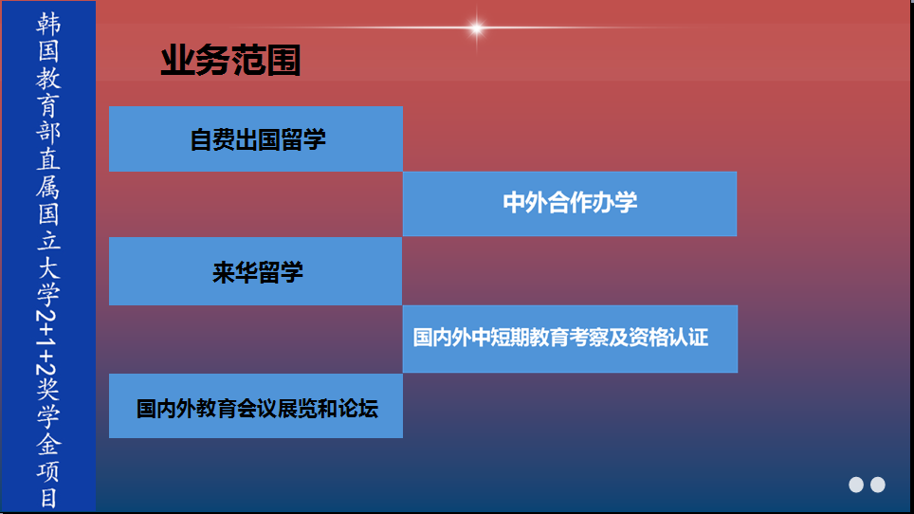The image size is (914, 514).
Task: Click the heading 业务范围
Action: pyautogui.click(x=230, y=62)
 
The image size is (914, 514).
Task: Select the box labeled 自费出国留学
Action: pyautogui.click(x=256, y=139)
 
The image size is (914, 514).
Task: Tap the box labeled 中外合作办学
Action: pyautogui.click(x=570, y=203)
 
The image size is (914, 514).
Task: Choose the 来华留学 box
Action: pyautogui.click(x=256, y=272)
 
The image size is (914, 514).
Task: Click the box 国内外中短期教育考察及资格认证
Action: pyautogui.click(x=570, y=338)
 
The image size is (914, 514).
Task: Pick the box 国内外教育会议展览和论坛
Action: pyautogui.click(x=256, y=408)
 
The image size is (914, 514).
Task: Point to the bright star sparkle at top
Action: pyautogui.click(x=476, y=28)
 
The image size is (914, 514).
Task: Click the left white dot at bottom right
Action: pyautogui.click(x=856, y=485)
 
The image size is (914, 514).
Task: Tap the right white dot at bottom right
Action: pyautogui.click(x=878, y=485)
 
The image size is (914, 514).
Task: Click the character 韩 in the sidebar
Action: pyautogui.click(x=48, y=24)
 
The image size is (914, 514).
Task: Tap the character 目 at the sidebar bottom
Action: pyautogui.click(x=48, y=498)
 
